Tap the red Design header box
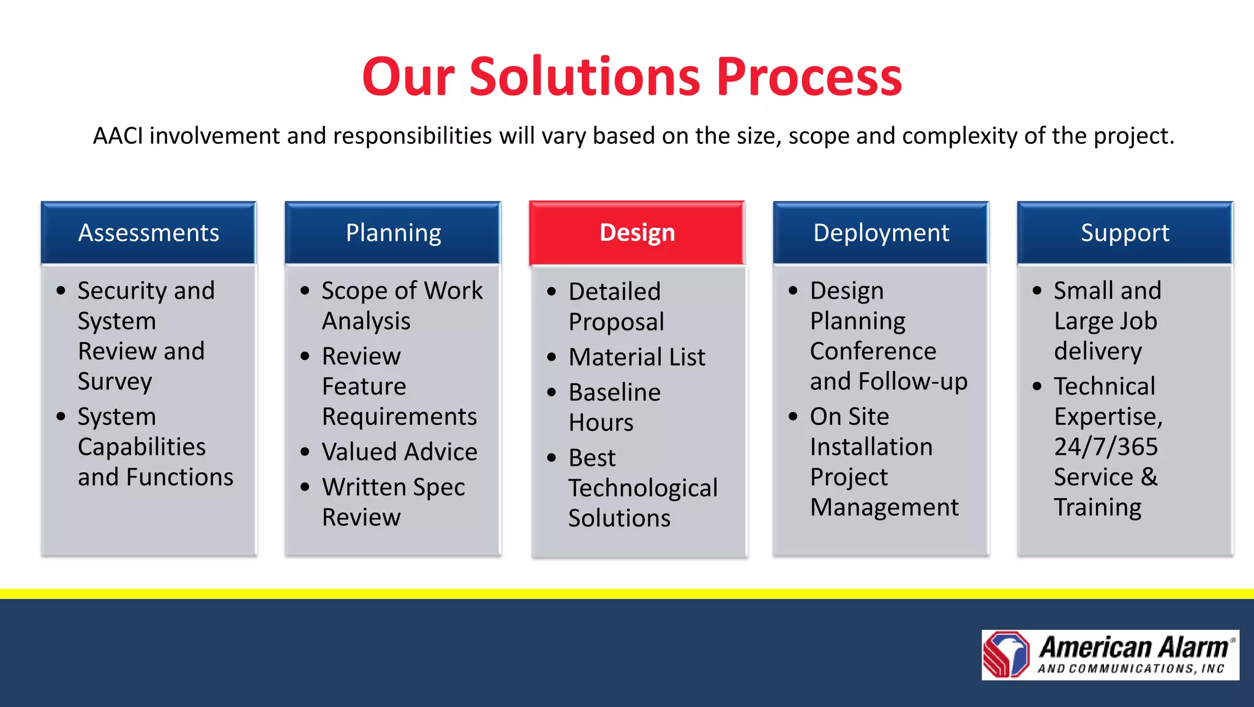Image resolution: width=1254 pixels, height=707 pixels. pyautogui.click(x=637, y=233)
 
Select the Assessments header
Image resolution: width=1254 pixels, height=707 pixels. pyautogui.click(x=148, y=233)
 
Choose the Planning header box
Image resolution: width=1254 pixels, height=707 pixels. pyautogui.click(x=393, y=233)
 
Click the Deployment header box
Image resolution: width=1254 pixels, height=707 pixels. pyautogui.click(x=880, y=233)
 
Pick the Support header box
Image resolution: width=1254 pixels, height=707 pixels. pyautogui.click(x=1125, y=233)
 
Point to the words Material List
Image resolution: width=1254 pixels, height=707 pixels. pyautogui.click(x=637, y=357)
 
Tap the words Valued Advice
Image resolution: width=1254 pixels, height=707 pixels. pyautogui.click(x=399, y=452)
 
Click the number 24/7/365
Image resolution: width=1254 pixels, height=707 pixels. pyautogui.click(x=1106, y=447)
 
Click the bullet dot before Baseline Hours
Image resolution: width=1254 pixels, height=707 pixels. pyautogui.click(x=552, y=392)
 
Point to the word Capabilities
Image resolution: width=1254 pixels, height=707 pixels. pyautogui.click(x=141, y=447)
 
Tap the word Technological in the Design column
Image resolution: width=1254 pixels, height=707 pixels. pyautogui.click(x=643, y=488)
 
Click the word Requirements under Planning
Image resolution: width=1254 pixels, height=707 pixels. pyautogui.click(x=399, y=417)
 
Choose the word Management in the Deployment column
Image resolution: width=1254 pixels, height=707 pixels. pyautogui.click(x=884, y=507)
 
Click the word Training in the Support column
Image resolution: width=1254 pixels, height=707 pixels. pyautogui.click(x=1097, y=507)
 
